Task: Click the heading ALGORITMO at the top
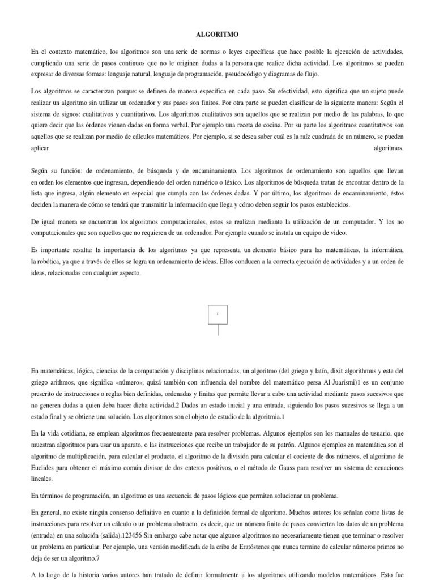click(217, 33)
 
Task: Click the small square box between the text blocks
click(217, 313)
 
